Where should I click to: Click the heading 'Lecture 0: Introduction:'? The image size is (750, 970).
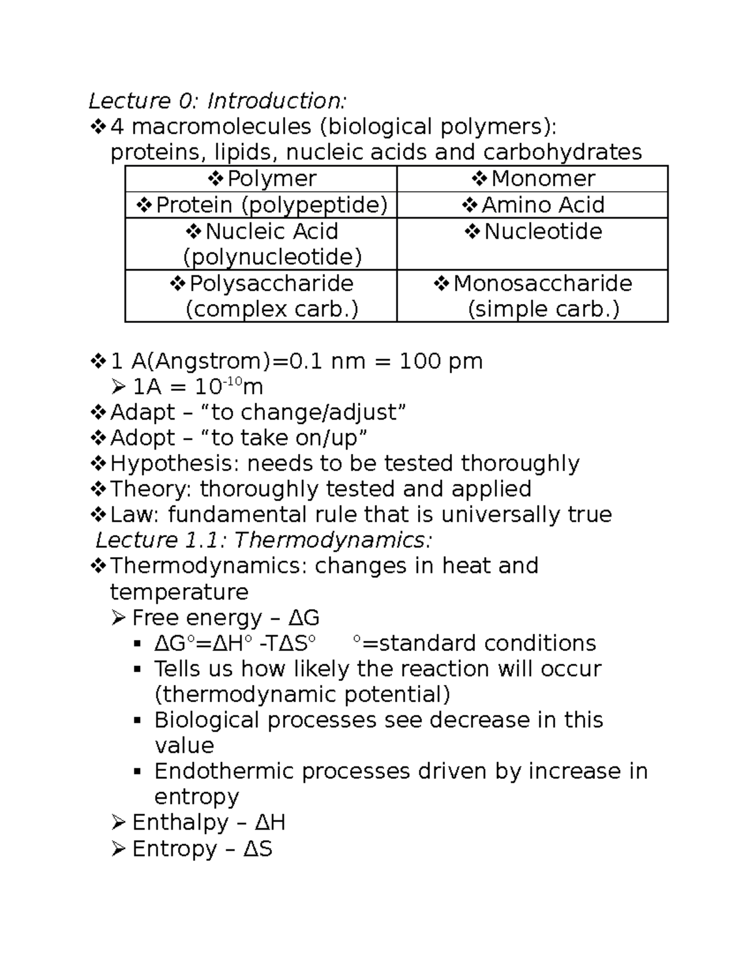point(217,101)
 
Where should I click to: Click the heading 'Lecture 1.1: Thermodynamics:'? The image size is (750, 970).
point(264,540)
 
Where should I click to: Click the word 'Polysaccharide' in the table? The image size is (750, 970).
point(271,284)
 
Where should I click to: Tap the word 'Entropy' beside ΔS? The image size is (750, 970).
point(174,849)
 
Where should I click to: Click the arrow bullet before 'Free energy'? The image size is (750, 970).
point(118,618)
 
